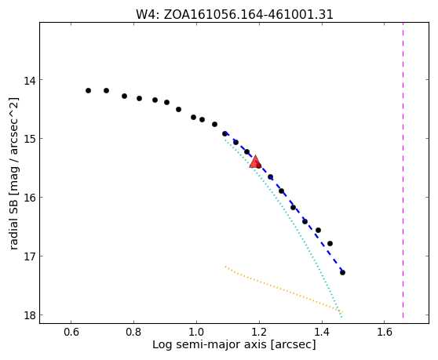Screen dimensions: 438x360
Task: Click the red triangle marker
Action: (255, 162)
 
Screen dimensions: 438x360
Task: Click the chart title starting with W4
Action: (235, 15)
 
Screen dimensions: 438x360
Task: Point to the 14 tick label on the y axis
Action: (30, 81)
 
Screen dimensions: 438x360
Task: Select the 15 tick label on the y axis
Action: (30, 139)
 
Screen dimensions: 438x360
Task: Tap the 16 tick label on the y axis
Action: (30, 198)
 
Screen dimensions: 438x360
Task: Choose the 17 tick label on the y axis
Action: (30, 256)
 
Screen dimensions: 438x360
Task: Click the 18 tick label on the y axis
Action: (30, 315)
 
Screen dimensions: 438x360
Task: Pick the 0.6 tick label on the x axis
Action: (71, 332)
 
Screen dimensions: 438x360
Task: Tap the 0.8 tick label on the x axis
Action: (133, 332)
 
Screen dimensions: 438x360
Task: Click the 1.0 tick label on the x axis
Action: (196, 332)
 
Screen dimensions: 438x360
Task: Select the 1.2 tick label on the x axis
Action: (259, 332)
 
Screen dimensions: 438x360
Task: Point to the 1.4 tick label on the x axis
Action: (322, 332)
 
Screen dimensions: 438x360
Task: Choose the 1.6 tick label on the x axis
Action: (385, 332)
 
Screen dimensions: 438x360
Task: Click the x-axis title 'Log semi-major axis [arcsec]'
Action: (234, 344)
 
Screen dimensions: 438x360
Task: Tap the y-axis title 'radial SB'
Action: (13, 224)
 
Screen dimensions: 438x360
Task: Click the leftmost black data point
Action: (88, 90)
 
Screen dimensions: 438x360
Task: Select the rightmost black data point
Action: (342, 272)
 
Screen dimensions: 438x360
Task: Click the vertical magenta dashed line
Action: (403, 170)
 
